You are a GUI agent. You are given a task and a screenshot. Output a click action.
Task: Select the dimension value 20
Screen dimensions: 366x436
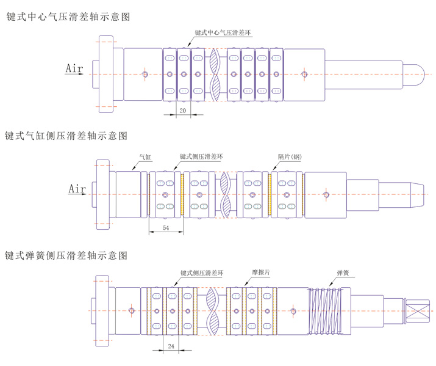point(182,111)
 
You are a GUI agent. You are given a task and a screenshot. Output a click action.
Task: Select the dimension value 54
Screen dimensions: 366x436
point(166,227)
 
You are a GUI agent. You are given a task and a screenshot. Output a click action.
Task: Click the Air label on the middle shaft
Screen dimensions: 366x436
point(77,188)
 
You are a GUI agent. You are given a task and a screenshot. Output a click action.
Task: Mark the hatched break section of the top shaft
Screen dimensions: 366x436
point(216,75)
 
